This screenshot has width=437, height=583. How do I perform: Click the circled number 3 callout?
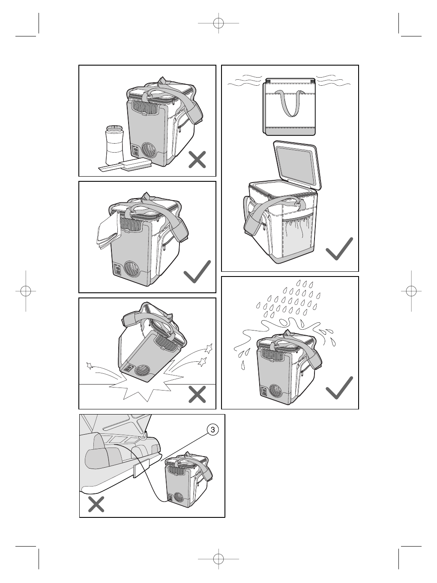(213, 430)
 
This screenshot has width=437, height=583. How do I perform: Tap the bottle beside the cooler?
(115, 145)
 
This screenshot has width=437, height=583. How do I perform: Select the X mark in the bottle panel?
(197, 159)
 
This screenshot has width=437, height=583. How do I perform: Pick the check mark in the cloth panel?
(197, 271)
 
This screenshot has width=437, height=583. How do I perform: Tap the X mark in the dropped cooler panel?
(197, 394)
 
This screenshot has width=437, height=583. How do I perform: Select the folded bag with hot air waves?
(289, 107)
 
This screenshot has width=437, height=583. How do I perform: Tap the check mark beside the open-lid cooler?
(339, 249)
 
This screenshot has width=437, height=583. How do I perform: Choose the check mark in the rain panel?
(339, 388)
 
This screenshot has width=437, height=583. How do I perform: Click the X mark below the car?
(96, 504)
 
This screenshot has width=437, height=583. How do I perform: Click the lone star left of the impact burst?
(90, 366)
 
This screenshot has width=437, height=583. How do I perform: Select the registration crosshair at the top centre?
(218, 24)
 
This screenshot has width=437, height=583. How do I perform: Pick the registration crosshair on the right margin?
(411, 291)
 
